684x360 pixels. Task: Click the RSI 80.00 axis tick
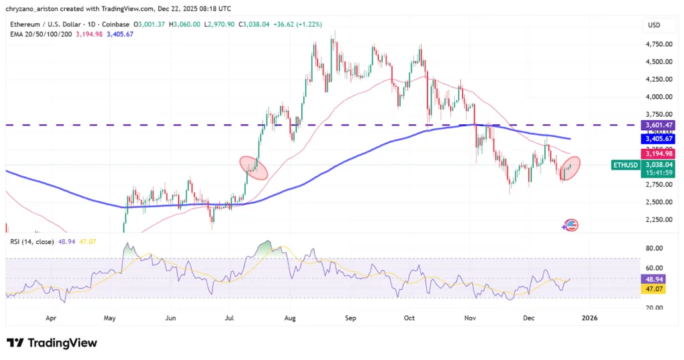(x=653, y=248)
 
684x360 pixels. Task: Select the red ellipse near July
(x=254, y=167)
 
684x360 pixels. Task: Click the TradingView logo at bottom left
(x=52, y=343)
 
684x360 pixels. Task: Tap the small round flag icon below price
(x=570, y=226)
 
